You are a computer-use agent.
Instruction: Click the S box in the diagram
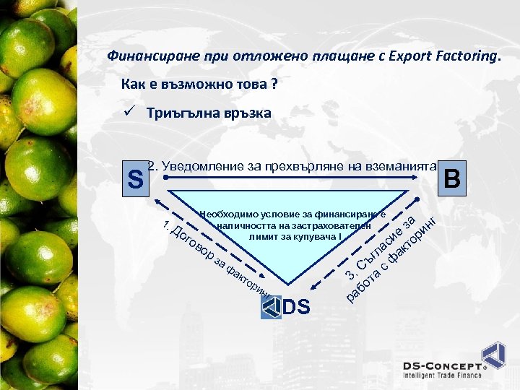pyautogui.click(x=134, y=178)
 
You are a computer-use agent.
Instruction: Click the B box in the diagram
pyautogui.click(x=453, y=177)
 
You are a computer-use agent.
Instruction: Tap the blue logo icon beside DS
pyautogui.click(x=271, y=307)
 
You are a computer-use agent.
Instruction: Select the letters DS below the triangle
pyautogui.click(x=296, y=308)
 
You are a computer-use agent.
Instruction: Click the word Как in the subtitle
pyautogui.click(x=134, y=84)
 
